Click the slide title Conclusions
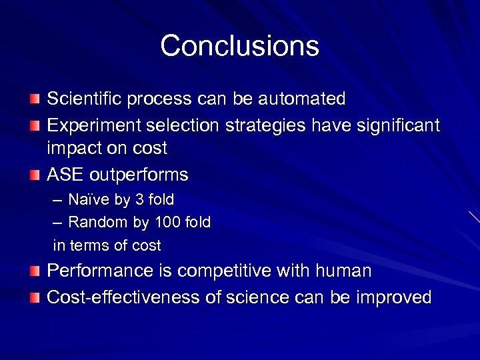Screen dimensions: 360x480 tap(239, 46)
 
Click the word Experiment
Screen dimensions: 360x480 tap(93, 125)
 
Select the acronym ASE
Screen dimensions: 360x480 tap(65, 175)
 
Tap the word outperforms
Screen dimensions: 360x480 tap(139, 175)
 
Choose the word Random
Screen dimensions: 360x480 tap(94, 222)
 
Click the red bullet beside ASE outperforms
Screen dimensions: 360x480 tap(35, 175)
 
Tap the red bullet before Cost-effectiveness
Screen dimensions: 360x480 tap(35, 297)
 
